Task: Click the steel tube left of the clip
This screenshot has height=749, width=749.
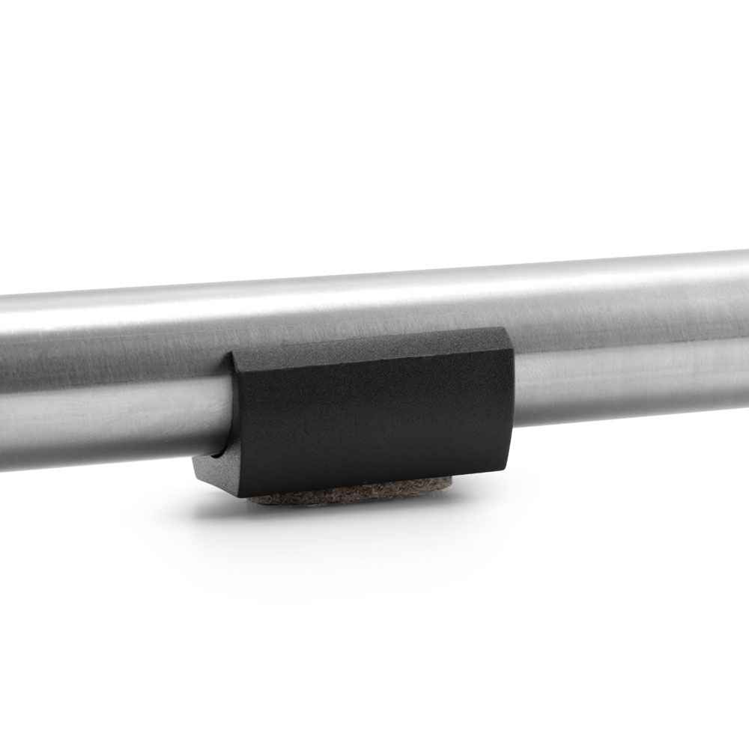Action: (x=112, y=374)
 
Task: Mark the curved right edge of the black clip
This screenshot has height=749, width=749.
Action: (x=513, y=404)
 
